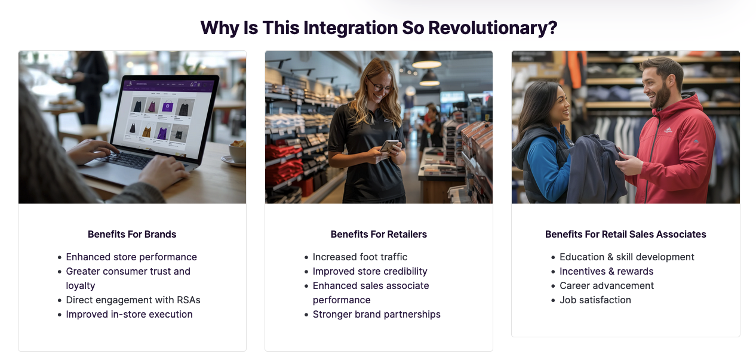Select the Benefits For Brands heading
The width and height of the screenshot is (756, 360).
[x=132, y=234]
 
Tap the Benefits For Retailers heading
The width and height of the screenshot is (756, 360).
[x=379, y=234]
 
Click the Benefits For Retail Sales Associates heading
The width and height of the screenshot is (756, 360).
[x=626, y=234]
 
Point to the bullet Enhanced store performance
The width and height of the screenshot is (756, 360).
[x=131, y=257]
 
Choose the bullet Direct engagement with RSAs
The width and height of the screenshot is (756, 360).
[x=133, y=300]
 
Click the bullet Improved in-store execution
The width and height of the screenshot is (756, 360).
[x=129, y=315]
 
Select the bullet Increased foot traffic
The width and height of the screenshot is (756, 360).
[x=360, y=257]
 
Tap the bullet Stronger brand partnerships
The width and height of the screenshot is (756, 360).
[x=377, y=315]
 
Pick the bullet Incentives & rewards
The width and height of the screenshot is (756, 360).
[x=607, y=271]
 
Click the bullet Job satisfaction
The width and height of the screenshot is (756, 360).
[x=595, y=300]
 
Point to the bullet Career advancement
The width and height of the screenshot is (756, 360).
[x=607, y=286]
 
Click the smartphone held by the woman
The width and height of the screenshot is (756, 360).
[x=389, y=146]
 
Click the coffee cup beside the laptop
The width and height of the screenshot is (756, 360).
[x=237, y=152]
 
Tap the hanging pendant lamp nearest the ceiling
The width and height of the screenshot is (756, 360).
[x=426, y=60]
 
